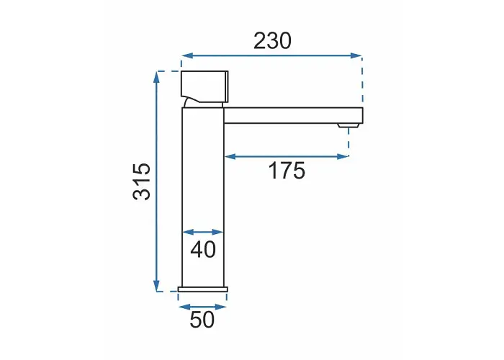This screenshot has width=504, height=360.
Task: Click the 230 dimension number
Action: click(272, 41)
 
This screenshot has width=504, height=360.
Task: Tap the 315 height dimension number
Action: click(142, 181)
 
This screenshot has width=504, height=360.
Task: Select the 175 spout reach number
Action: click(287, 171)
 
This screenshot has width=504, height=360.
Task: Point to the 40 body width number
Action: click(203, 249)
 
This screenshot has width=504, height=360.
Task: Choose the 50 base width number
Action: click(202, 320)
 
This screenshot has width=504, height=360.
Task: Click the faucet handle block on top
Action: click(204, 86)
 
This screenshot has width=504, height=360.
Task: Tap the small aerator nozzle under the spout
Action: click(348, 125)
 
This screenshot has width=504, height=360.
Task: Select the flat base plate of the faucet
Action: click(203, 289)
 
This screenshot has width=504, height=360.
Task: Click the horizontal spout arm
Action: click(294, 115)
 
